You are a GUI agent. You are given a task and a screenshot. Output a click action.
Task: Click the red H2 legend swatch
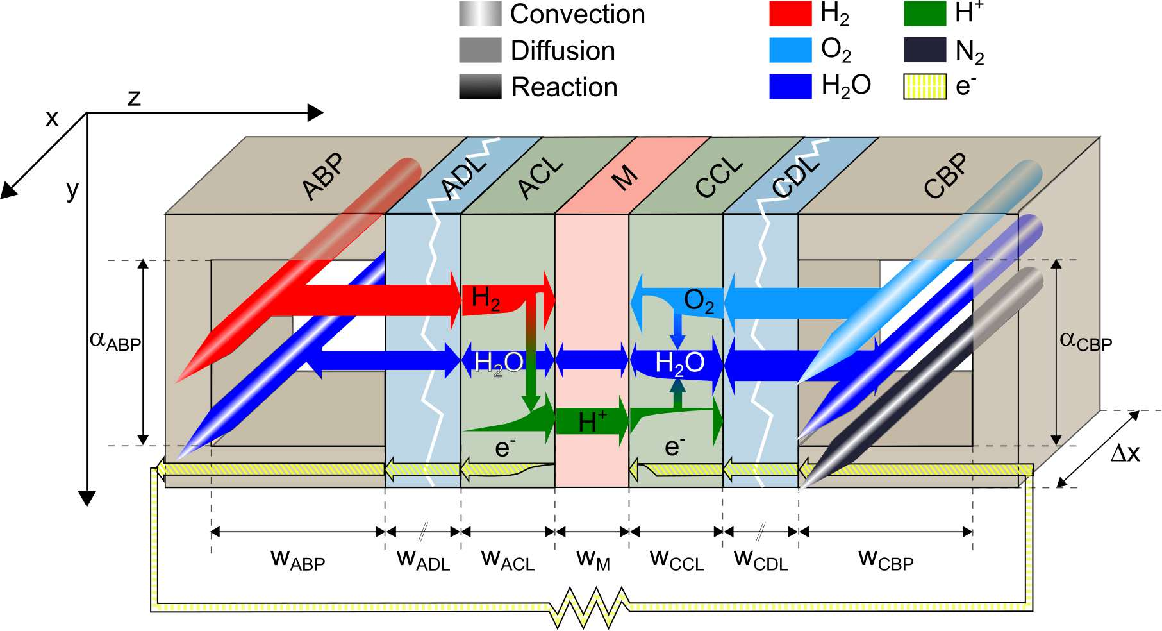point(790,13)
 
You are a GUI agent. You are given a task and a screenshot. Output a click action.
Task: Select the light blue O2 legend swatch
point(790,49)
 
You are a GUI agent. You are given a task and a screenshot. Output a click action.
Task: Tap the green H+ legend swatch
point(924,13)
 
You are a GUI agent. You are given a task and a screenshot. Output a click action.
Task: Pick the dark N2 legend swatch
point(924,49)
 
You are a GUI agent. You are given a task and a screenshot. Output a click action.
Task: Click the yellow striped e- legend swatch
point(924,87)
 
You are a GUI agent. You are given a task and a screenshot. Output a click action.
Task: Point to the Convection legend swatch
point(479,13)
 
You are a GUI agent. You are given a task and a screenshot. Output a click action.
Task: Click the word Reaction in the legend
point(564,87)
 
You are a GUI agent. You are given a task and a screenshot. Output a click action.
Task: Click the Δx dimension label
point(1125,453)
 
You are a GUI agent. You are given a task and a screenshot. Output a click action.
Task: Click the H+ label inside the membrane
point(592,422)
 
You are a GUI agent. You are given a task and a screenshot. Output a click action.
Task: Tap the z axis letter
point(134,97)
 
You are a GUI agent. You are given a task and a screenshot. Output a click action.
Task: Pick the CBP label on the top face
point(945,176)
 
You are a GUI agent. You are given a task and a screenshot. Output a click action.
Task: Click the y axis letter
point(72,189)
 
